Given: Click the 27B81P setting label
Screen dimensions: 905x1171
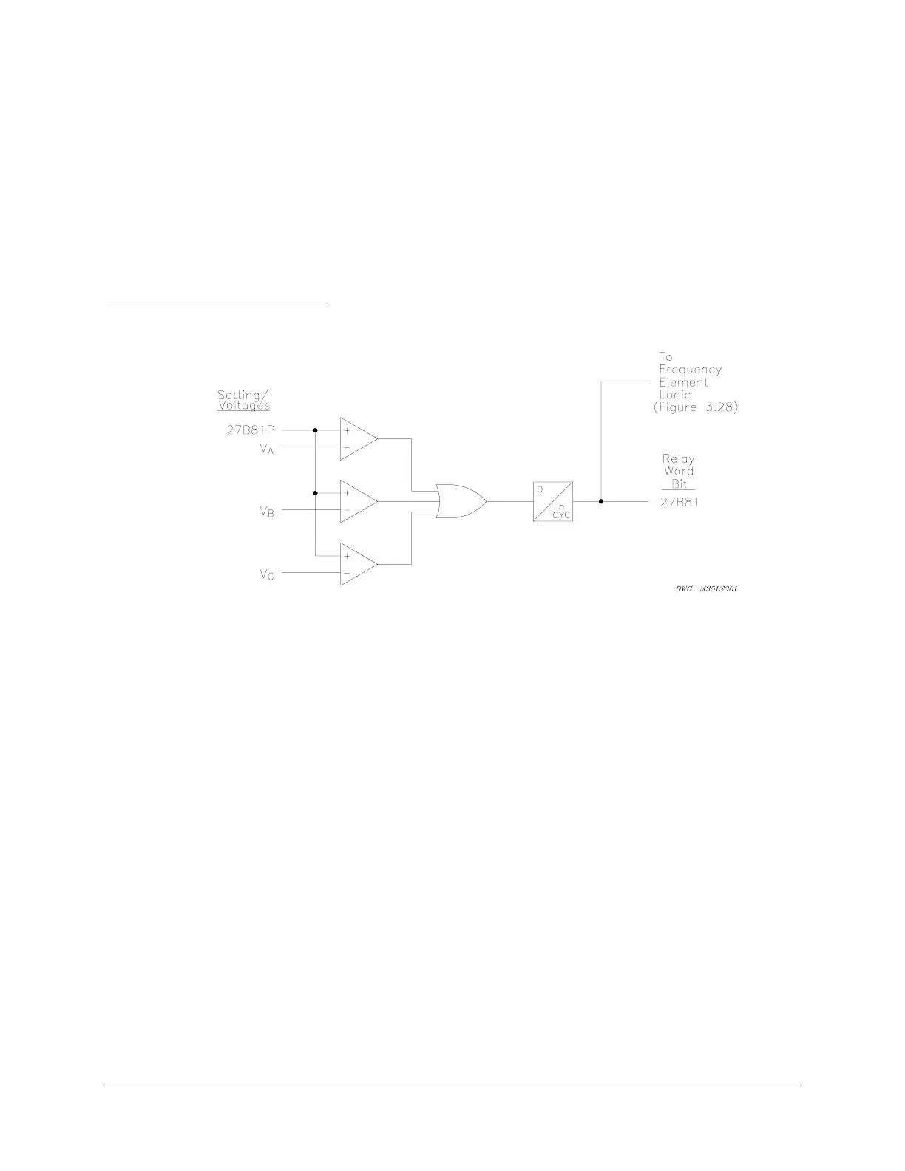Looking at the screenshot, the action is (251, 430).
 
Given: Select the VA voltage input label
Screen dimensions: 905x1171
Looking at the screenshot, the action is (266, 448).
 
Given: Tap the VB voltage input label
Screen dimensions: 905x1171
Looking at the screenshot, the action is (266, 511).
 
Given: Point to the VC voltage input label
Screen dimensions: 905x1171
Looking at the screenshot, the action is (266, 574).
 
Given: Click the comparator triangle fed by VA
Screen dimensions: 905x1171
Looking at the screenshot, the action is (357, 438).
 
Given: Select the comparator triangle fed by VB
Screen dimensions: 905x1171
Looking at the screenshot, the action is (357, 501).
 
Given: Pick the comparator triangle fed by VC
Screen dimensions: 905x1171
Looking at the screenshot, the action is (357, 564).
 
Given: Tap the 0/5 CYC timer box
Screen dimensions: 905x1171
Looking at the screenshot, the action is (554, 501).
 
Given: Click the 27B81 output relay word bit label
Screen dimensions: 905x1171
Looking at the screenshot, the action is (679, 502).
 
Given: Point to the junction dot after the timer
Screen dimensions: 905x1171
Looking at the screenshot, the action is (601, 501).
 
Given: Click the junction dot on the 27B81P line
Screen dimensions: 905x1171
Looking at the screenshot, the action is (316, 430).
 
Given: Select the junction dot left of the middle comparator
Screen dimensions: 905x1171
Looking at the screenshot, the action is (316, 492).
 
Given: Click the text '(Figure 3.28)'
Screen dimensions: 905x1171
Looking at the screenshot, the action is (695, 407).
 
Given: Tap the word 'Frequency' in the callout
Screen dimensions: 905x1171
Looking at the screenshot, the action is (690, 370).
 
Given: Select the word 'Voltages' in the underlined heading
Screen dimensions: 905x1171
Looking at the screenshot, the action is (243, 405).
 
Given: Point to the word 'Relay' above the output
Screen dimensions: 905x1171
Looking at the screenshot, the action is (678, 458).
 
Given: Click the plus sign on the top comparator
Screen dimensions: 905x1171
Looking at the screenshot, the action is (347, 430).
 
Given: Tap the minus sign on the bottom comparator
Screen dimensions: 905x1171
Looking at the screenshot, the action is (347, 573).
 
